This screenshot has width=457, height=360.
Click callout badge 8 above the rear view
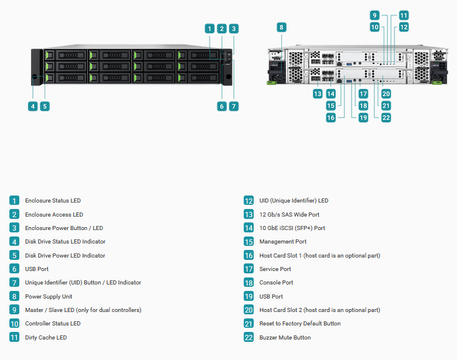click(x=281, y=28)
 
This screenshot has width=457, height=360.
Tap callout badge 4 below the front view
click(x=33, y=107)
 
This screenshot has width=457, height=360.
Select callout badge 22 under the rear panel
click(x=386, y=118)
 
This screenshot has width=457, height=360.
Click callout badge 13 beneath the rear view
click(x=318, y=94)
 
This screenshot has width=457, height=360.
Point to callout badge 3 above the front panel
click(x=233, y=29)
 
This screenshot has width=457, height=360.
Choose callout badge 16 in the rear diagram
click(x=330, y=118)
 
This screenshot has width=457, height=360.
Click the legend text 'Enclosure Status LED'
click(x=53, y=201)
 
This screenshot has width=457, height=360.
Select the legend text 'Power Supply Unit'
click(x=49, y=297)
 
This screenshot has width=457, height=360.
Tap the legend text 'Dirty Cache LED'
click(x=46, y=338)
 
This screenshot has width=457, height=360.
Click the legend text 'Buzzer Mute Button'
click(x=285, y=338)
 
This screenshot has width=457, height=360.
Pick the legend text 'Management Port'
click(x=283, y=242)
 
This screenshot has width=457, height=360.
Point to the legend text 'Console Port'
click(x=276, y=283)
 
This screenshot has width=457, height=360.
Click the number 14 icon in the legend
click(x=248, y=228)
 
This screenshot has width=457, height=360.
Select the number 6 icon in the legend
click(x=14, y=269)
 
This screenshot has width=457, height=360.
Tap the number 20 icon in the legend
click(x=248, y=310)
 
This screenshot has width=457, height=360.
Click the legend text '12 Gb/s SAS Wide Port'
click(x=289, y=215)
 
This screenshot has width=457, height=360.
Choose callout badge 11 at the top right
click(x=404, y=15)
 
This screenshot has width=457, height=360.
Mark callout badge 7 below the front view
click(x=233, y=107)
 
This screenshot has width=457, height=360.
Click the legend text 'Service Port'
click(x=275, y=269)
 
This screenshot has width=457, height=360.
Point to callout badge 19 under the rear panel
click(x=363, y=118)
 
